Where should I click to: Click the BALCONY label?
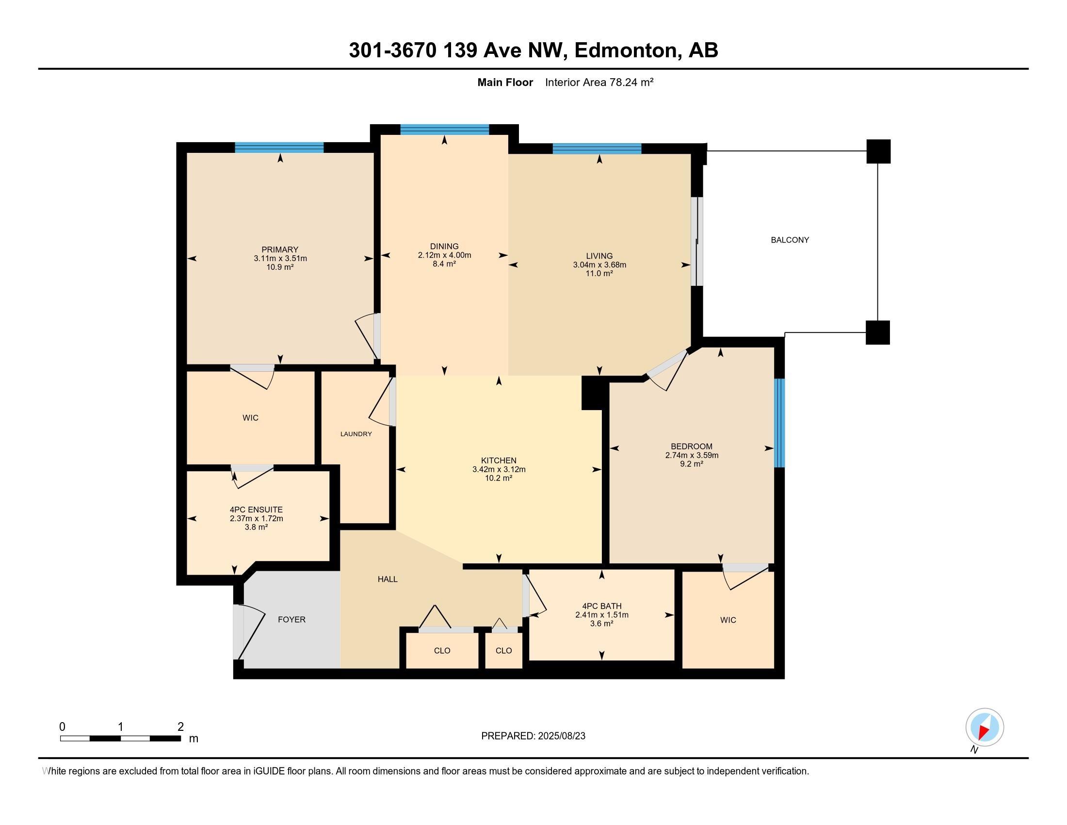[790, 240]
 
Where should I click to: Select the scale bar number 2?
[180, 726]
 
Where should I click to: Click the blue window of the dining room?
[444, 130]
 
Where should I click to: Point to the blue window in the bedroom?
[779, 423]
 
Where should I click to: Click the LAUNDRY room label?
[356, 434]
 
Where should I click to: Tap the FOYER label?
[291, 620]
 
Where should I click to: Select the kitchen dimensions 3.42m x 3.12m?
[498, 470]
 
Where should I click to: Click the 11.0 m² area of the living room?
[599, 274]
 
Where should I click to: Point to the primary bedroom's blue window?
[279, 148]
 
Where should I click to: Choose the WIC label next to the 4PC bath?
[727, 620]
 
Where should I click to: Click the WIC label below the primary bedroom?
[250, 418]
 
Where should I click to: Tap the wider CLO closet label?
[442, 651]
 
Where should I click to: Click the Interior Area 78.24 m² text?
[599, 82]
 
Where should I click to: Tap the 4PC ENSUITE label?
[256, 510]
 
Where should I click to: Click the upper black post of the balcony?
[878, 151]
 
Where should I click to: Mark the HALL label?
[388, 579]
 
